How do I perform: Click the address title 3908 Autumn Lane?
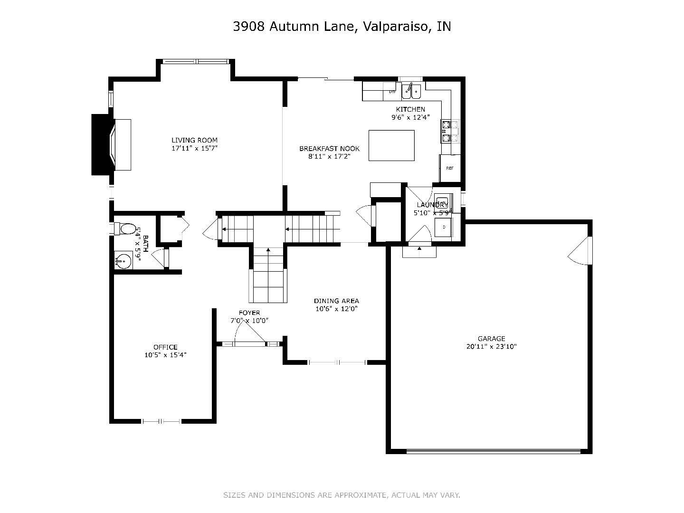pyautogui.click(x=342, y=27)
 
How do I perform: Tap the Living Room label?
pyautogui.click(x=194, y=140)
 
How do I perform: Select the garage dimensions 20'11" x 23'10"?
pyautogui.click(x=491, y=347)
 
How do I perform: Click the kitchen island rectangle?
pyautogui.click(x=391, y=145)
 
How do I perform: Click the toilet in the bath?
pyautogui.click(x=125, y=229)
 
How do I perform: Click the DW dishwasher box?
pyautogui.click(x=392, y=91)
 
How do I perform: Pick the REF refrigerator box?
pyautogui.click(x=449, y=168)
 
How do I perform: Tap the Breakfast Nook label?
pyautogui.click(x=329, y=149)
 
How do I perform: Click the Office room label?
pyautogui.click(x=165, y=347)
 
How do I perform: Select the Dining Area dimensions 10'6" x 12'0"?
pyautogui.click(x=336, y=309)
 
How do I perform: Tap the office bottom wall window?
pyautogui.click(x=161, y=421)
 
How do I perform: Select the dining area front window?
pyautogui.click(x=337, y=362)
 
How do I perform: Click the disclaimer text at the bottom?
pyautogui.click(x=342, y=495)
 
